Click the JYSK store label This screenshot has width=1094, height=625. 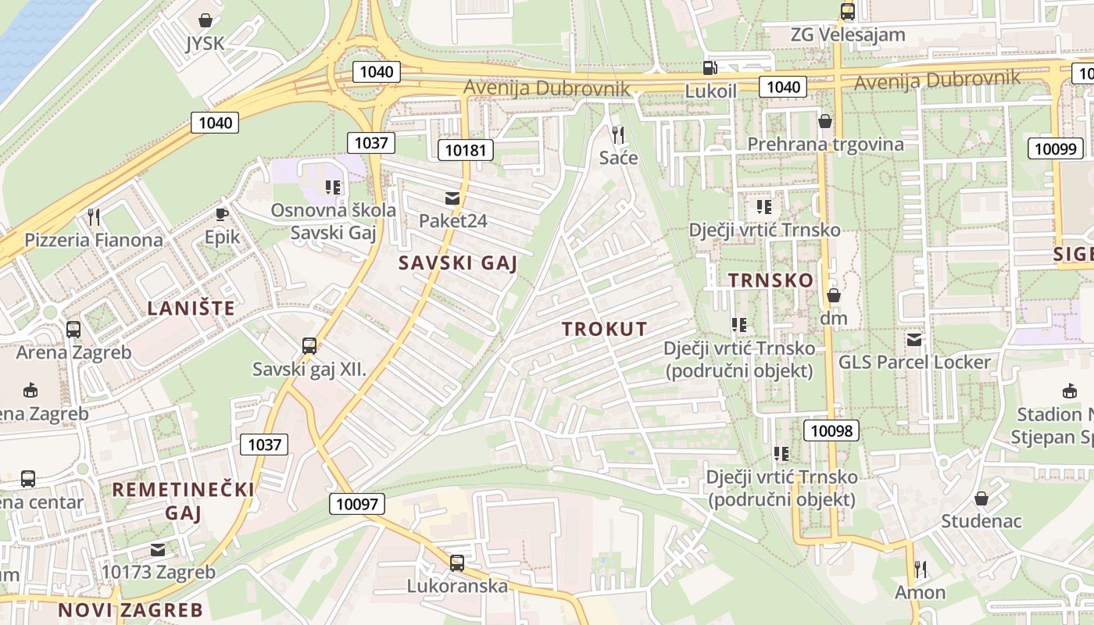coord(205,44)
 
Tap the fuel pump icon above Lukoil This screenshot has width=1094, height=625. coord(710,69)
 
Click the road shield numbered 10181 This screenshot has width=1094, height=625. coord(465,149)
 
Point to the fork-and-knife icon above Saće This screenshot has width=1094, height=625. coord(618,135)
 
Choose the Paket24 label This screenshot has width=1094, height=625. coord(452,221)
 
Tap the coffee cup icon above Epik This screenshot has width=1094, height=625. coord(222,213)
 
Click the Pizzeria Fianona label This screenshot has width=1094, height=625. coord(94,240)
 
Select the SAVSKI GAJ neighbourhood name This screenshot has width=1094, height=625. coord(458,263)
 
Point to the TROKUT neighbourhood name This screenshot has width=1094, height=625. coord(605,330)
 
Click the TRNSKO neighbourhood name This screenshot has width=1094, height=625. coord(770,280)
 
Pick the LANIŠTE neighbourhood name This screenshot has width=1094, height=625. coord(191,309)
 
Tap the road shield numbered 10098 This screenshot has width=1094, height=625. coord(831,430)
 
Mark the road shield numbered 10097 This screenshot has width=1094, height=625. coord(357,504)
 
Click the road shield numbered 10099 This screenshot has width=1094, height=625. coord(1056,148)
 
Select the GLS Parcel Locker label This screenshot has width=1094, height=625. coord(914,362)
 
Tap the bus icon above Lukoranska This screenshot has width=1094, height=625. coord(457,562)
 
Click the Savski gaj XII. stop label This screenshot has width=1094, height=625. coord(309,370)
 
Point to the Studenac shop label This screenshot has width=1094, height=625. coord(981,521)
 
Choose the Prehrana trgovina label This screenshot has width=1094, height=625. coord(825,145)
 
